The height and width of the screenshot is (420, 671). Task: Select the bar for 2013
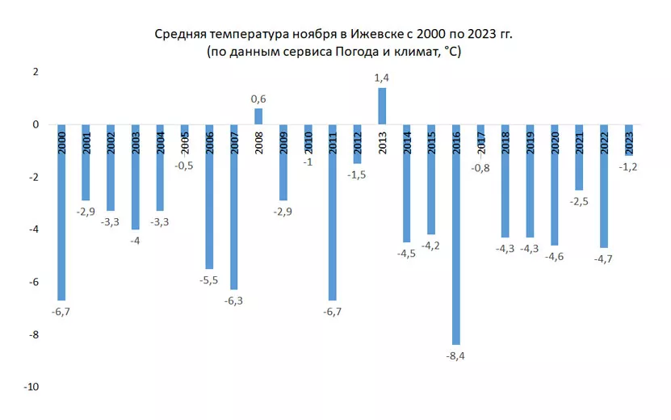tap(382, 107)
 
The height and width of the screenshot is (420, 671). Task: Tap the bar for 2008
tap(258, 117)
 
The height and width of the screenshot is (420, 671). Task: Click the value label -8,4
tap(457, 356)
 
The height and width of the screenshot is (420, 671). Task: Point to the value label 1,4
tap(382, 78)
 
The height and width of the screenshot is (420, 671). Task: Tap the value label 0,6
tap(258, 99)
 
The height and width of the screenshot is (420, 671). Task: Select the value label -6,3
tap(233, 301)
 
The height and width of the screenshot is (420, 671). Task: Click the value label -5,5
tap(208, 280)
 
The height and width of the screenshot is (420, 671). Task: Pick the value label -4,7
tap(605, 259)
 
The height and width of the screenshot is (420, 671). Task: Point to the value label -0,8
tap(481, 167)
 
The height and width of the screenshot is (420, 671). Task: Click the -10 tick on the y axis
tap(31, 387)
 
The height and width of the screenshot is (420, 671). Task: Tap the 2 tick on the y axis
tap(36, 72)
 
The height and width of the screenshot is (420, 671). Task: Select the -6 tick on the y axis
tap(35, 282)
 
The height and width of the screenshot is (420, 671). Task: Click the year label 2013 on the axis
tap(382, 141)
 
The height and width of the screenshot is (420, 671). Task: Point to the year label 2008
tap(258, 141)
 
